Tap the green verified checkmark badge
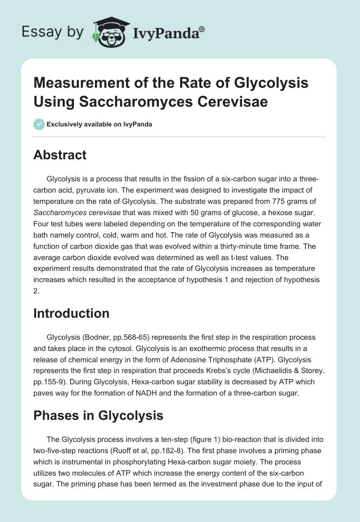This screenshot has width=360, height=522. pyautogui.click(x=39, y=124)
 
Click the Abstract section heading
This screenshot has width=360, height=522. pyautogui.click(x=60, y=155)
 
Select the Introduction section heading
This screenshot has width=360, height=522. pyautogui.click(x=72, y=313)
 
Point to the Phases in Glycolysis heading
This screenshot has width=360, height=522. pyautogui.click(x=98, y=415)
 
